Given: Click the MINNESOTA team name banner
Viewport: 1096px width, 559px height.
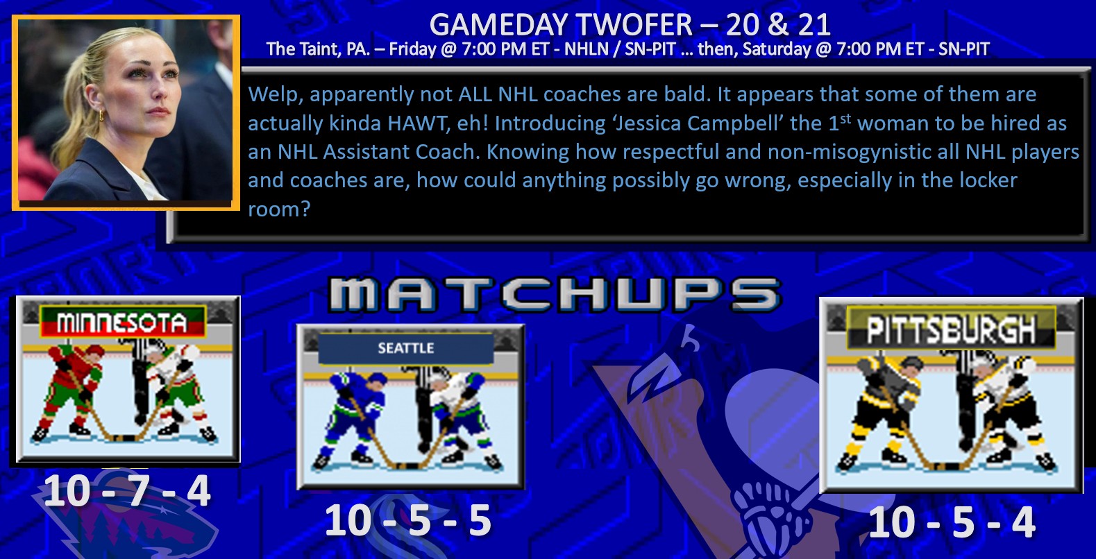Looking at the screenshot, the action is click(x=122, y=322).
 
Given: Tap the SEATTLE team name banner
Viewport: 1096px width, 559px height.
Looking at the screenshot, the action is click(x=405, y=348).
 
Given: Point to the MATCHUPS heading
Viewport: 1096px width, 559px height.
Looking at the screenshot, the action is click(x=555, y=295).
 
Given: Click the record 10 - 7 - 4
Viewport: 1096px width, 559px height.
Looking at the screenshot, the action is click(x=127, y=491).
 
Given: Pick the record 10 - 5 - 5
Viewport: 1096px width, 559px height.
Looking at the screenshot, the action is click(x=408, y=520).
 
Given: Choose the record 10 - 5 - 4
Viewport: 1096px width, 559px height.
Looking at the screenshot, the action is click(x=952, y=522).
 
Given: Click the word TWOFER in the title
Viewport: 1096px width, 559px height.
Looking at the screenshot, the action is click(x=634, y=24).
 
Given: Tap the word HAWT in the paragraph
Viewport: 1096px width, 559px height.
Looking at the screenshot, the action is click(x=417, y=123).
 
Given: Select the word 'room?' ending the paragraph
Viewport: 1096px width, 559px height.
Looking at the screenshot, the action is click(x=279, y=210).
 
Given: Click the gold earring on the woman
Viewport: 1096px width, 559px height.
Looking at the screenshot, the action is click(x=102, y=115).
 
